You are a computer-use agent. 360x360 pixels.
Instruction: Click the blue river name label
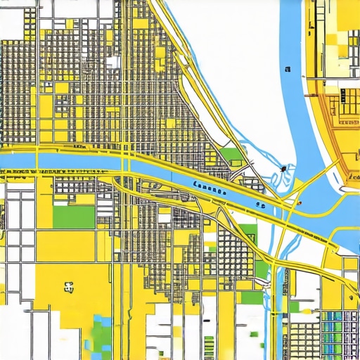pyautogui.click(x=208, y=188)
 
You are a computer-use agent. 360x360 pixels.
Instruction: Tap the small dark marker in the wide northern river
pyautogui.click(x=288, y=69)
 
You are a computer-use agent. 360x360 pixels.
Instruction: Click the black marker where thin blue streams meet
pyautogui.click(x=283, y=169)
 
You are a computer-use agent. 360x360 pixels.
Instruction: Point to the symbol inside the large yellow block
pyautogui.click(x=69, y=286)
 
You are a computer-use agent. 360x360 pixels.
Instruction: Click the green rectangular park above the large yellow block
pyautogui.click(x=74, y=217)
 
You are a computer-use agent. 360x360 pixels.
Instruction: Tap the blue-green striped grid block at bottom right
pyautogui.click(x=338, y=330)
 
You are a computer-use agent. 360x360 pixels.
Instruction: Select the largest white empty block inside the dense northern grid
pyautogui.click(x=112, y=62)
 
